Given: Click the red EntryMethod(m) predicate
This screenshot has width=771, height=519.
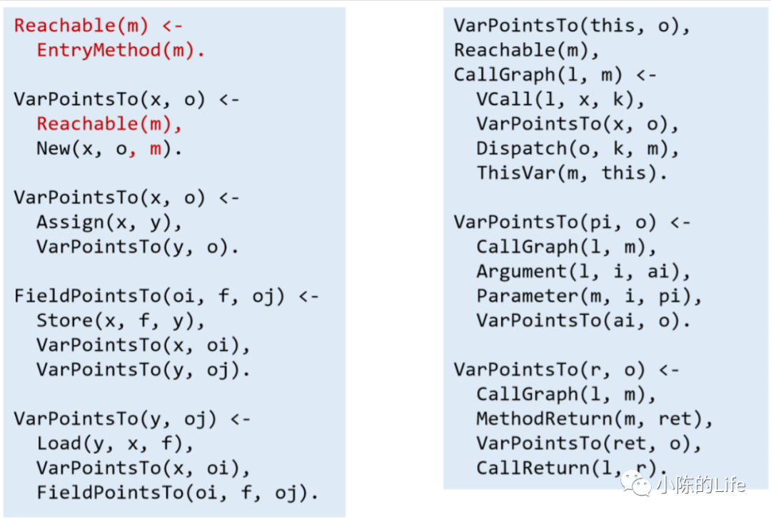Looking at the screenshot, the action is [x=120, y=51].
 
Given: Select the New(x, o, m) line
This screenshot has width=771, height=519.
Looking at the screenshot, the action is [x=110, y=149].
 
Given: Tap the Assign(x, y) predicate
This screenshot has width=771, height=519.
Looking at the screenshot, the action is [x=109, y=222].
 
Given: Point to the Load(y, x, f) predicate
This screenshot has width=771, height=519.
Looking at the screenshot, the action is [x=115, y=443].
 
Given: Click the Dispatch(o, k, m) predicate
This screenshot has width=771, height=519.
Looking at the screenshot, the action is [x=578, y=148].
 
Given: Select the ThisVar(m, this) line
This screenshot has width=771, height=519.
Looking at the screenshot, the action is [x=572, y=173].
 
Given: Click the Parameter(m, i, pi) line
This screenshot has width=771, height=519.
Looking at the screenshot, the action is [x=589, y=296].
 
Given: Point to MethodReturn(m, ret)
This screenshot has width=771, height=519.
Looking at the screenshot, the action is [x=595, y=418].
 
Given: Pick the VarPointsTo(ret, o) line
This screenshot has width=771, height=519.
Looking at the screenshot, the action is [x=589, y=443].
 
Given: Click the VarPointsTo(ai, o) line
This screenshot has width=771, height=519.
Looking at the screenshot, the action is [x=583, y=321].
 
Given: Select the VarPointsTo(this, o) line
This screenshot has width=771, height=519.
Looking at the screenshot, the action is [x=572, y=26].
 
